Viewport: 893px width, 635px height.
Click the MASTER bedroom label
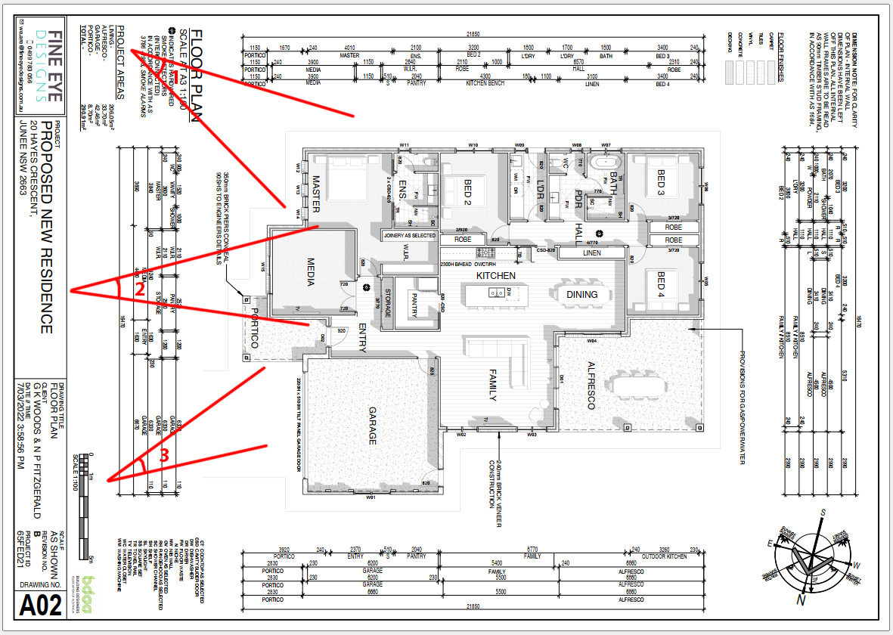317,193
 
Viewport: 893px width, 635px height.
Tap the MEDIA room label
310,273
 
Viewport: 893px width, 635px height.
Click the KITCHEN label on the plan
495,277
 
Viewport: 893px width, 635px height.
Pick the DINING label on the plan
581,295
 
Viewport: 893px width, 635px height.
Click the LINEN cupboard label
592,253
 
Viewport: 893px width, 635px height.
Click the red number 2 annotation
139,288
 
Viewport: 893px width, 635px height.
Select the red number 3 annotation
163,455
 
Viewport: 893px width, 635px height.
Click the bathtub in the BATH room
607,163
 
